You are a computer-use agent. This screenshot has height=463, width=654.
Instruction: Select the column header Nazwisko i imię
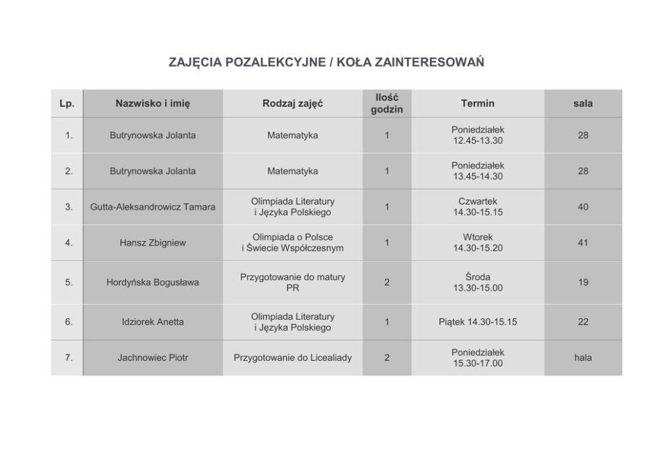(152, 104)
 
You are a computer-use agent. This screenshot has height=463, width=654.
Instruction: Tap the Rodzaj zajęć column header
(293, 104)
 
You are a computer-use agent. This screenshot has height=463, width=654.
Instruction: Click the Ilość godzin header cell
(386, 104)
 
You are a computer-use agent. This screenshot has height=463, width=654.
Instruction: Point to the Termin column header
(477, 104)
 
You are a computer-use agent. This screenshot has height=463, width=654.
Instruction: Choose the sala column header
(582, 104)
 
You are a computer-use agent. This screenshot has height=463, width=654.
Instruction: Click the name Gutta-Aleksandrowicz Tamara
(152, 207)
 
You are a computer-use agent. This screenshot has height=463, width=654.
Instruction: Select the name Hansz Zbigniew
(152, 243)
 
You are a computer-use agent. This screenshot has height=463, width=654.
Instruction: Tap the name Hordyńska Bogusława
(152, 282)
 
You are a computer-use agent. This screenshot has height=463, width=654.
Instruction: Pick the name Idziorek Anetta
(152, 322)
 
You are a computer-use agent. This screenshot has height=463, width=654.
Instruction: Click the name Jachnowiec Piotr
(152, 357)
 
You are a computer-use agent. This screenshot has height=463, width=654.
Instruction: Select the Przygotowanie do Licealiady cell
(293, 357)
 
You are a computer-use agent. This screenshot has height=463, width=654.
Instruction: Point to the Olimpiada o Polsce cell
(293, 243)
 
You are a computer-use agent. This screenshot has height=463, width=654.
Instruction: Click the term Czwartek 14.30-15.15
(477, 207)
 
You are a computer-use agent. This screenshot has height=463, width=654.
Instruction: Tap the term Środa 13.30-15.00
(477, 282)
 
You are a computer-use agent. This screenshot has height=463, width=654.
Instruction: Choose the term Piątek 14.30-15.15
(477, 322)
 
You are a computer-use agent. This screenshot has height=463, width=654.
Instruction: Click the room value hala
(582, 357)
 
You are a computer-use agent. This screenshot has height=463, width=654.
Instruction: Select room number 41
(582, 243)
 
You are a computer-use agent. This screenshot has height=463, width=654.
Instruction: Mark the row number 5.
(69, 282)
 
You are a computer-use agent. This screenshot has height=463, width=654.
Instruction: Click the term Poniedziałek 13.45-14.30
(477, 171)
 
